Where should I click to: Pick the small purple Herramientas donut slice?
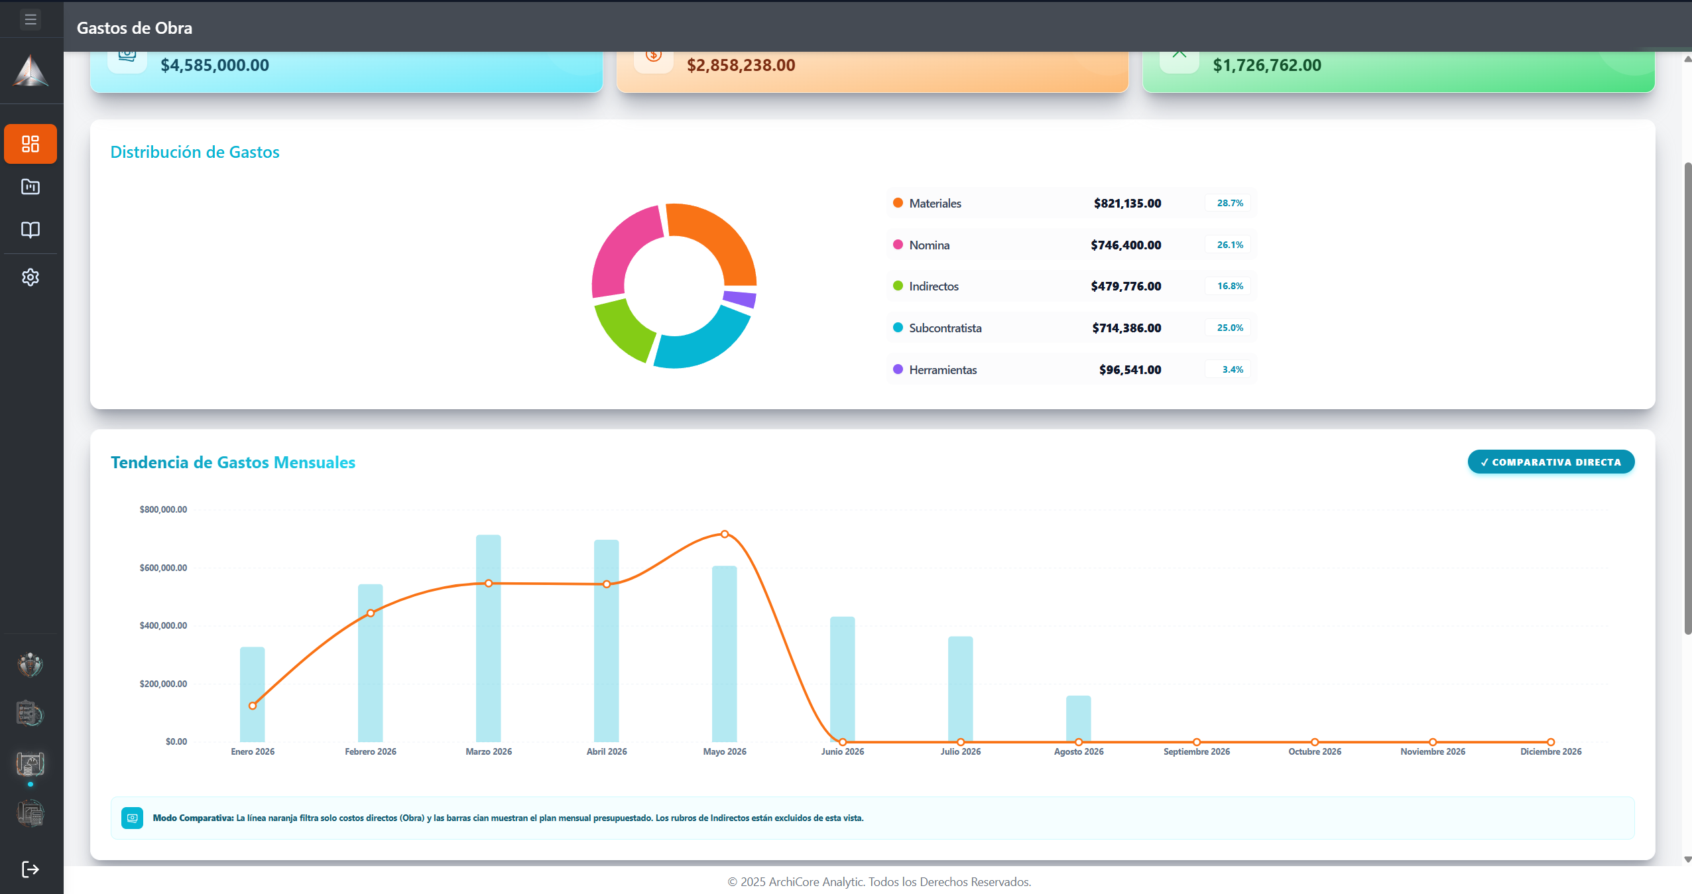click(x=740, y=298)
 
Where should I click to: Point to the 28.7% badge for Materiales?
click(x=1230, y=203)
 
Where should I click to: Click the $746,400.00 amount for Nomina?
click(x=1126, y=245)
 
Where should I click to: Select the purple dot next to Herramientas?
click(x=898, y=369)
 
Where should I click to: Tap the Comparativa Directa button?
click(x=1551, y=462)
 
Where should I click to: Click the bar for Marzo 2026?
click(x=489, y=638)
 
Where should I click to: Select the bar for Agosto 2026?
click(x=1078, y=718)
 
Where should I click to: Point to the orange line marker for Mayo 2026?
click(x=725, y=534)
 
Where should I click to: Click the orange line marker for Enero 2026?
click(x=253, y=706)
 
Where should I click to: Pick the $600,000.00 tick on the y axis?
click(x=163, y=568)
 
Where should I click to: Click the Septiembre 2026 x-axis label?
click(x=1196, y=751)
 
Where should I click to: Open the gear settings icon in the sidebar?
click(x=30, y=277)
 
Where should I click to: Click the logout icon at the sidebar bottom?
click(x=30, y=869)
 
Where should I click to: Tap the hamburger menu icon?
click(x=30, y=19)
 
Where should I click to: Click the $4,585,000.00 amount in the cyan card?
click(x=215, y=65)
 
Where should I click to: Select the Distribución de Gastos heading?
click(x=195, y=152)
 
